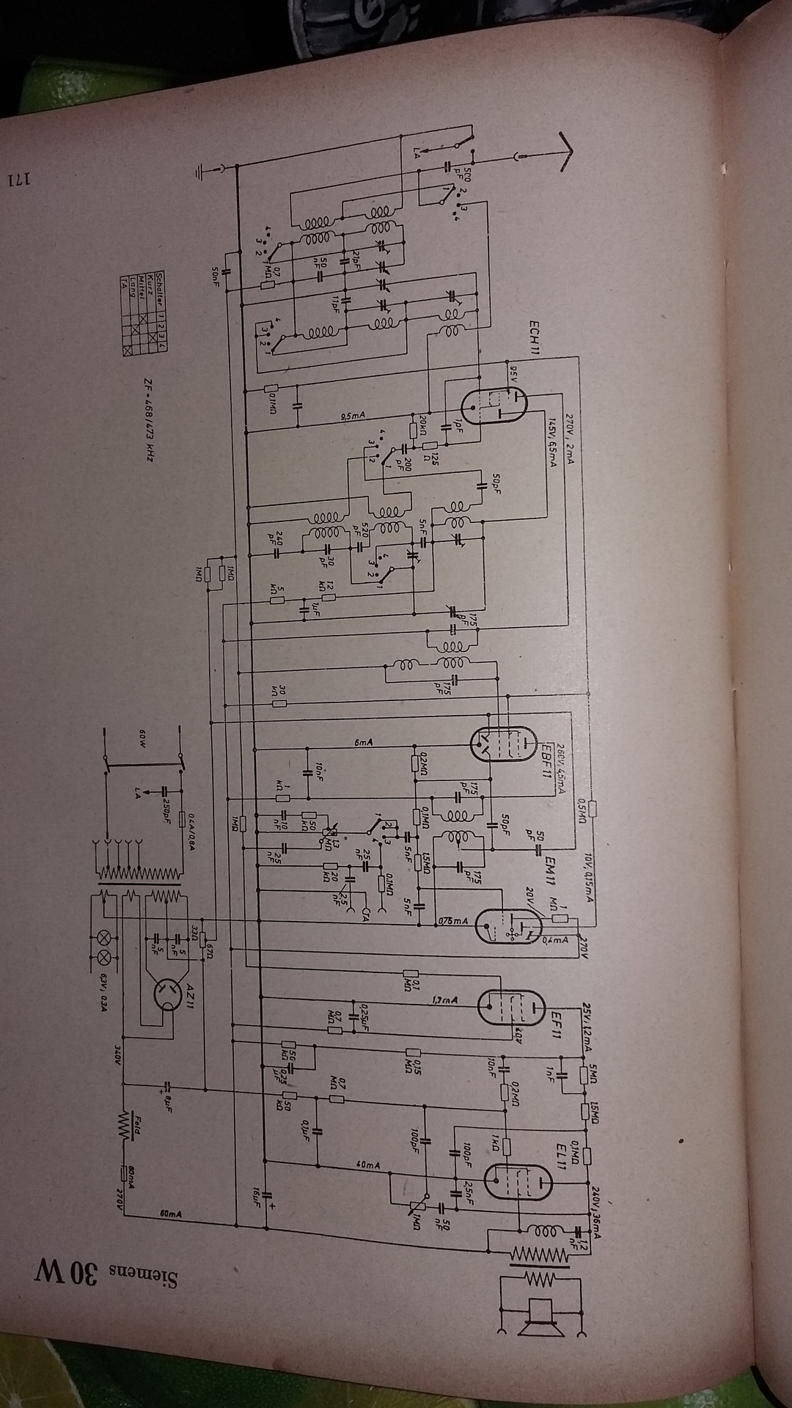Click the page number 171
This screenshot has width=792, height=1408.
click(21, 179)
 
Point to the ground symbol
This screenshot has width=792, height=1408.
click(202, 172)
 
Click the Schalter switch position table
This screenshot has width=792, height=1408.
click(144, 315)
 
